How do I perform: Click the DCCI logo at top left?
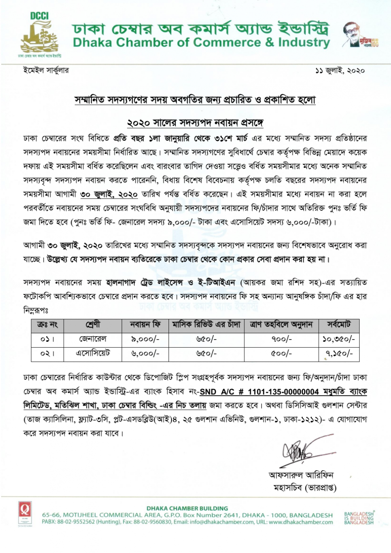(39, 35)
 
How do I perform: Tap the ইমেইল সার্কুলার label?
(46, 70)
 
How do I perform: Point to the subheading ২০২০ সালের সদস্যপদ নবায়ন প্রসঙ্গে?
(195, 123)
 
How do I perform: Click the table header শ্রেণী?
(93, 325)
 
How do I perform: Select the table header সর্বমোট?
(339, 325)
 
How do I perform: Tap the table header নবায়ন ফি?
(145, 325)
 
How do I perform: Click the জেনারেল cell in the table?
(93, 339)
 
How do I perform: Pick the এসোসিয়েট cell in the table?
(93, 354)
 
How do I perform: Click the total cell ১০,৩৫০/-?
(339, 339)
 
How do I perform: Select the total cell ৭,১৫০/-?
(339, 354)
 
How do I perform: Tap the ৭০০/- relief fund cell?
(282, 339)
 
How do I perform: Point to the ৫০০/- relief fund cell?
(282, 354)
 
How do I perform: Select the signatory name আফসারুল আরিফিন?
(301, 475)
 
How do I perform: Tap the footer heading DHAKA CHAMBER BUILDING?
(187, 508)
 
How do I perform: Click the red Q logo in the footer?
(25, 510)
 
